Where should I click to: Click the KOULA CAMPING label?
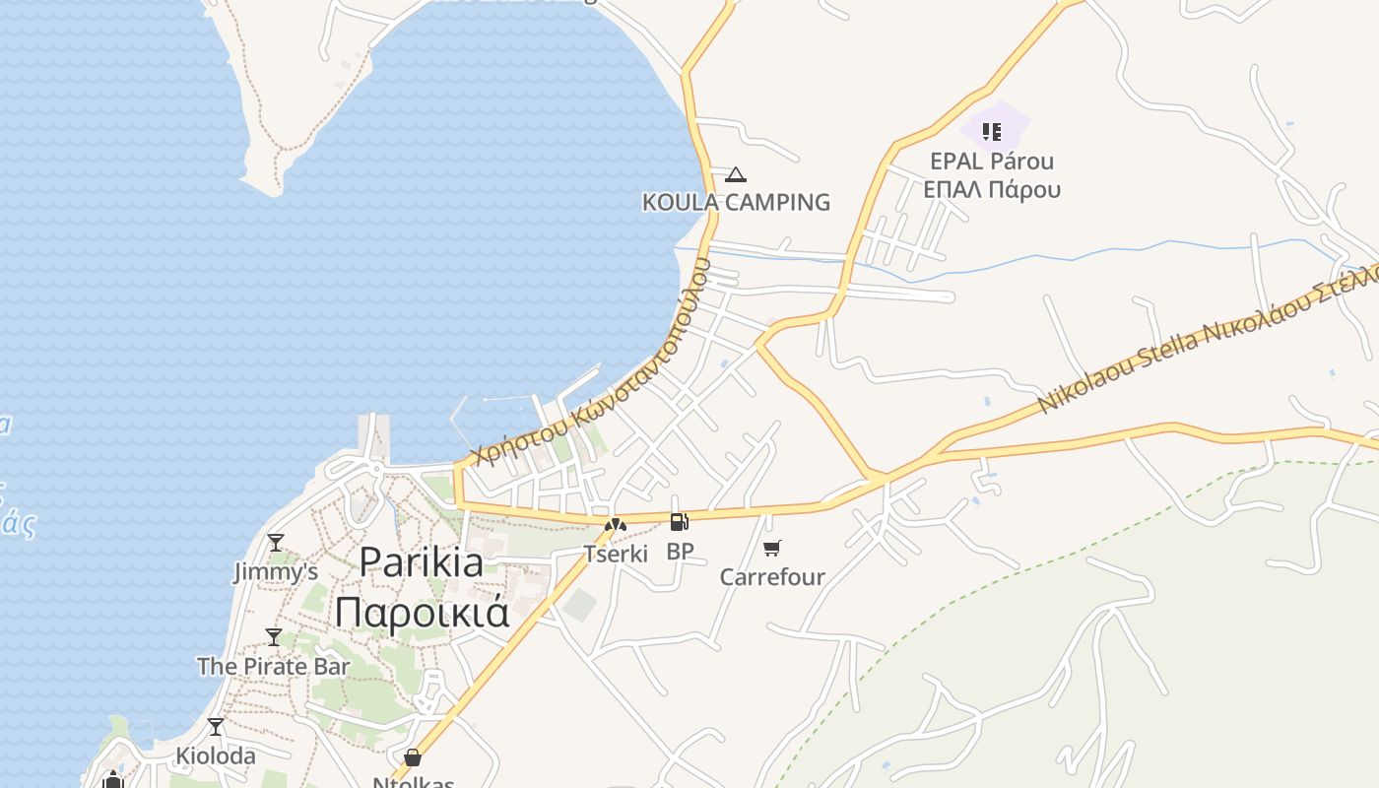point(736,203)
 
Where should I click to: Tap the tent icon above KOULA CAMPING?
point(735,175)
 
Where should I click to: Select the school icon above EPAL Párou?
point(992,131)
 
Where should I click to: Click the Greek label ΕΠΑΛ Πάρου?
point(992,189)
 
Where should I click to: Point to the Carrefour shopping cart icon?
point(772,548)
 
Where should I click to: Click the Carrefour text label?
point(772,577)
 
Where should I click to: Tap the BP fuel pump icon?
point(679,522)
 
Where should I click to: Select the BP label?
point(680,552)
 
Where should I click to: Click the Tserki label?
point(616,554)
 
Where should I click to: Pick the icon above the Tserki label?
point(616,525)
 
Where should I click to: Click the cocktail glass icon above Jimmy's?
point(276,543)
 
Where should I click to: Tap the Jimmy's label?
point(276,572)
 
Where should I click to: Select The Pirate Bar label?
point(273,667)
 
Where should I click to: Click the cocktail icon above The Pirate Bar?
point(274,637)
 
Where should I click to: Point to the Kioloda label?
point(215,756)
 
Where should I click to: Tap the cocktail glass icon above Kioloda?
point(216,727)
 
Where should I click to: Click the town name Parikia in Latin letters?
point(421,562)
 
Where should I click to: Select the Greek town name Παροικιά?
point(422,611)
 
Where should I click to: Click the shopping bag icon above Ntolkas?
point(413,757)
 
